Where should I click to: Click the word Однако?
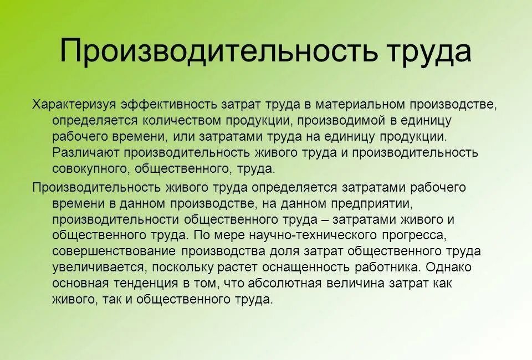pos(451,268)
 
